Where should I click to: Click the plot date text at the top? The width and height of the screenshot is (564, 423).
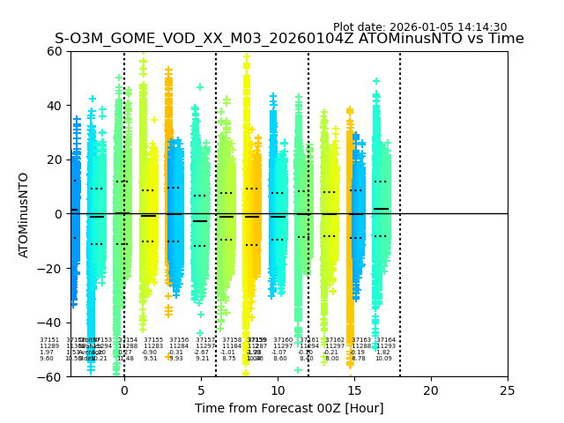pyautogui.click(x=419, y=27)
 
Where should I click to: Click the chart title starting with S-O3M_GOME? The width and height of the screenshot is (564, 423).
pyautogui.click(x=289, y=40)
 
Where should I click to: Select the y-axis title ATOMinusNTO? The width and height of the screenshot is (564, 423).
pyautogui.click(x=24, y=214)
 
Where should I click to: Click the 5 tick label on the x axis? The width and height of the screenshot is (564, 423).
pyautogui.click(x=201, y=390)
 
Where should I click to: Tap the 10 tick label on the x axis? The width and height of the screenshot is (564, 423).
pyautogui.click(x=278, y=390)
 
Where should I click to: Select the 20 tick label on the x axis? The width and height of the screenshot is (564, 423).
pyautogui.click(x=431, y=390)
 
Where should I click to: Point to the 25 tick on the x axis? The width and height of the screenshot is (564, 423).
pyautogui.click(x=508, y=390)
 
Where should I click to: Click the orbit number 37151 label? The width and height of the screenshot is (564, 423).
pyautogui.click(x=49, y=340)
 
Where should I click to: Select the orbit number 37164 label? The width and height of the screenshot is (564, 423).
pyautogui.click(x=386, y=340)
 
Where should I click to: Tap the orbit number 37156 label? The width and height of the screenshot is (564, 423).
pyautogui.click(x=179, y=340)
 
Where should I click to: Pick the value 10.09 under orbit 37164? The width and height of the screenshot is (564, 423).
pyautogui.click(x=384, y=359)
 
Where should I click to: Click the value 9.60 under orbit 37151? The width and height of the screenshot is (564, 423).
pyautogui.click(x=47, y=359)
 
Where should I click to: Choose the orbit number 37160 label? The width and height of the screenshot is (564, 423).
pyautogui.click(x=283, y=340)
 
